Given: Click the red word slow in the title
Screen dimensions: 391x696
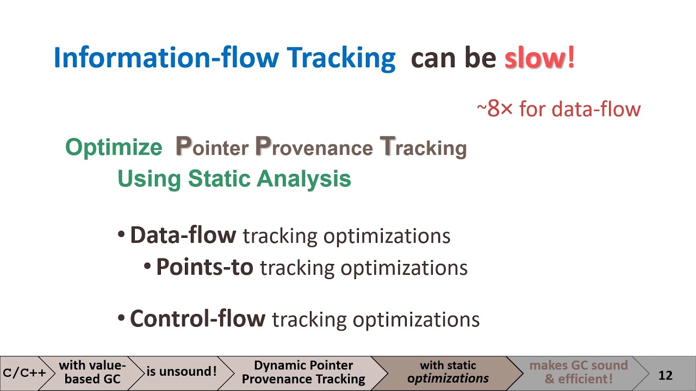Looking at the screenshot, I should click(x=535, y=58).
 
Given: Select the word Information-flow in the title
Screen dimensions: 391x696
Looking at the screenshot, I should click(x=166, y=58).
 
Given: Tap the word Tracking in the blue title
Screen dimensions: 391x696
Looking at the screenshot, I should click(x=341, y=58).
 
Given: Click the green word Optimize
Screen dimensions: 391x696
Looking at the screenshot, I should click(x=114, y=148).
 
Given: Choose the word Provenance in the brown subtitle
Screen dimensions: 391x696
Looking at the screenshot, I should click(x=314, y=147).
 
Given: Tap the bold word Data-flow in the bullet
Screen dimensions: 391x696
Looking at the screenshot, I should click(x=183, y=235).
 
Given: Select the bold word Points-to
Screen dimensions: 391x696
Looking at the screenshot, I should click(x=204, y=267).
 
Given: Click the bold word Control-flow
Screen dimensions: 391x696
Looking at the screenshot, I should click(x=197, y=319).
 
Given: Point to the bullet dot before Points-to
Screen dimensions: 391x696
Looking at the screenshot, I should click(x=147, y=267).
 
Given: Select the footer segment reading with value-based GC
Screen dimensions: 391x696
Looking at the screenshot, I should click(x=92, y=373).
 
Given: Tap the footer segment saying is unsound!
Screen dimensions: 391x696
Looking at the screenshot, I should click(x=181, y=373).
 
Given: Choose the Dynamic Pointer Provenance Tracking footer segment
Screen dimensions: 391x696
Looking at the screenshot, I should click(x=303, y=373).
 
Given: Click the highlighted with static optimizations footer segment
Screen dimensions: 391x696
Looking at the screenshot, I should click(x=448, y=373).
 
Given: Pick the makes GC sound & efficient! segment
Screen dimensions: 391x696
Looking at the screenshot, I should click(x=578, y=373).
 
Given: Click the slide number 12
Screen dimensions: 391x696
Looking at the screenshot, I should click(x=666, y=375).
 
